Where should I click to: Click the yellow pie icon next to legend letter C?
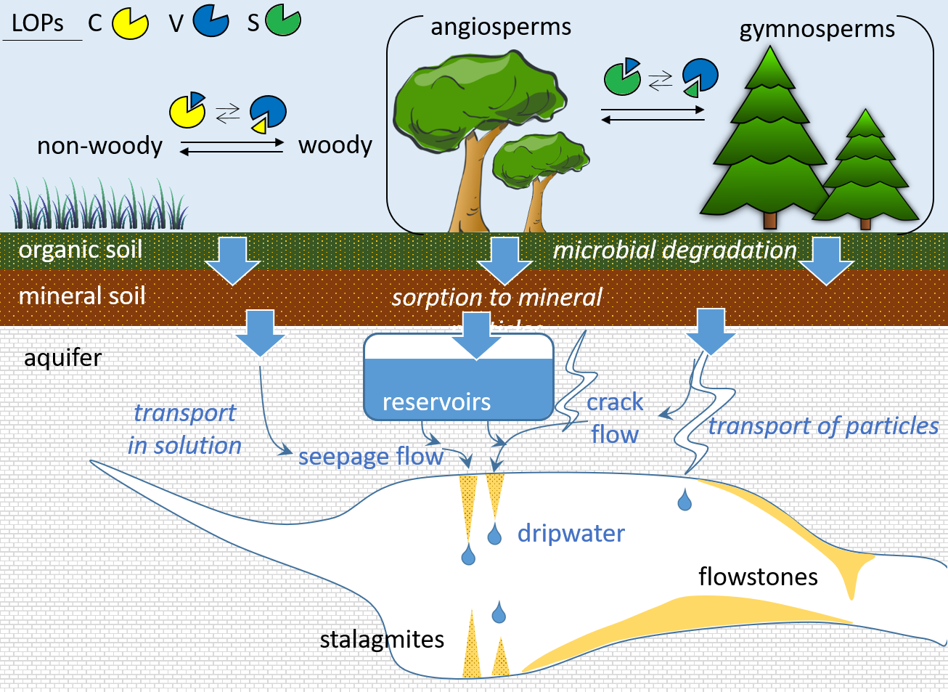pos(130,23)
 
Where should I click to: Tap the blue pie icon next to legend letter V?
pos(211,21)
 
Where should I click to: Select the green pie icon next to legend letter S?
pos(282,20)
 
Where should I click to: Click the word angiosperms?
pos(501,27)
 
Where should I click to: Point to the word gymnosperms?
pos(817,29)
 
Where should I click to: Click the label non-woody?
pos(100,146)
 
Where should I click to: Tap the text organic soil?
pos(81,250)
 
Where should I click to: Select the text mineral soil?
pos(82,296)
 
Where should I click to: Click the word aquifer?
pos(63,358)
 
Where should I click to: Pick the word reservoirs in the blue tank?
pos(436,402)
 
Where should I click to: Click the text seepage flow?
pos(370,457)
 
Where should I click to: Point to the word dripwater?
pos(571,534)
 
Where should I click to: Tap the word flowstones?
pos(758,577)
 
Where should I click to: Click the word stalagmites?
pos(382,640)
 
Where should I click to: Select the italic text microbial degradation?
pos(674,251)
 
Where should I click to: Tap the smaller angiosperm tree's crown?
pos(539,158)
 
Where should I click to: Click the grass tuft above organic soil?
pos(98,205)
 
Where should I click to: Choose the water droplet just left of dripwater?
pos(494,536)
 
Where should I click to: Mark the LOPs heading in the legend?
pos(38,24)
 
